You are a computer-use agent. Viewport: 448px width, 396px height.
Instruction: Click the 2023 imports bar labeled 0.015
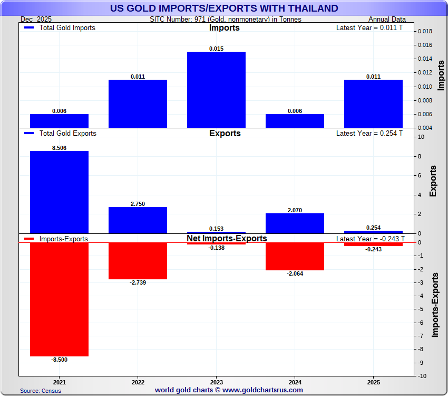pyautogui.click(x=216, y=90)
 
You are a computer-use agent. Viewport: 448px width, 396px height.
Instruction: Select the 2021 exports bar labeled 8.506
pyautogui.click(x=59, y=192)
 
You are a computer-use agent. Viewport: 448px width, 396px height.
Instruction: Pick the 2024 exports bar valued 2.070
pyautogui.click(x=295, y=223)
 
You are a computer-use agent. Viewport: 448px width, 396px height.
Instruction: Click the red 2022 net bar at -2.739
pyautogui.click(x=138, y=261)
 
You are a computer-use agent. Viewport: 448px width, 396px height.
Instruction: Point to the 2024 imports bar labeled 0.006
pyautogui.click(x=295, y=121)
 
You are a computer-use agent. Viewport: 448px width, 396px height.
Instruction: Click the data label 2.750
pyautogui.click(x=138, y=204)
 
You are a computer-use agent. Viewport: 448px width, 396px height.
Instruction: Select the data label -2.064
pyautogui.click(x=295, y=274)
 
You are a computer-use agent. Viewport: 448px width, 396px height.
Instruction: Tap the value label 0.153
pyautogui.click(x=216, y=229)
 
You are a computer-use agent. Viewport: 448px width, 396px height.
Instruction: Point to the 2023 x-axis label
pyautogui.click(x=216, y=381)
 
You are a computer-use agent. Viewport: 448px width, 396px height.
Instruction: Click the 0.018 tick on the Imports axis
pyautogui.click(x=424, y=31)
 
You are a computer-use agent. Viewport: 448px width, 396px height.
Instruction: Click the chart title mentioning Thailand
pyautogui.click(x=224, y=8)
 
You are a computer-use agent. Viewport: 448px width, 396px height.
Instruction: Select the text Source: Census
pyautogui.click(x=41, y=391)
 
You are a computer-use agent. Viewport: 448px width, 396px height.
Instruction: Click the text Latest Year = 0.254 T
pyautogui.click(x=369, y=134)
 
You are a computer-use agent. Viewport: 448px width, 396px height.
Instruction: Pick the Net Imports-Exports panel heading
pyautogui.click(x=227, y=239)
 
